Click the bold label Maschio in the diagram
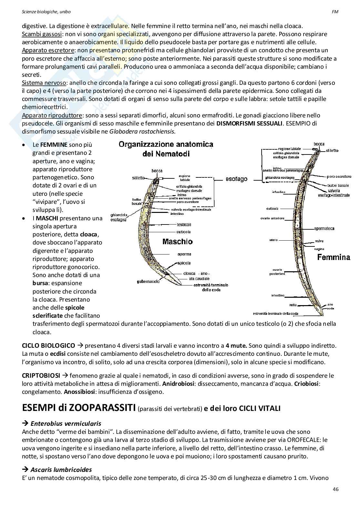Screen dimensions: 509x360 pos(177,242)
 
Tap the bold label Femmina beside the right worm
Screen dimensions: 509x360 pos(334,257)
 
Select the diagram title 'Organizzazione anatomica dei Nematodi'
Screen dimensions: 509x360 pos(166,149)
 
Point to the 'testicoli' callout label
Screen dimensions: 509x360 pos(184,225)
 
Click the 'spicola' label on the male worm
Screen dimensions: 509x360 pos(184,263)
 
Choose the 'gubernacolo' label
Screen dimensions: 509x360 pos(148,282)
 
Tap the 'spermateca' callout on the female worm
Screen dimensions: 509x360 pos(324,229)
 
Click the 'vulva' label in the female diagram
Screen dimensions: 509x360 pos(319,241)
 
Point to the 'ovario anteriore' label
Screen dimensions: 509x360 pos(272,218)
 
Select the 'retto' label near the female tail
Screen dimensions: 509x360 pos(293,305)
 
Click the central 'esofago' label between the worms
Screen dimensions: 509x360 pos(236,179)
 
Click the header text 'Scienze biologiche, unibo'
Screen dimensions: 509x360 pos(46,12)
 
